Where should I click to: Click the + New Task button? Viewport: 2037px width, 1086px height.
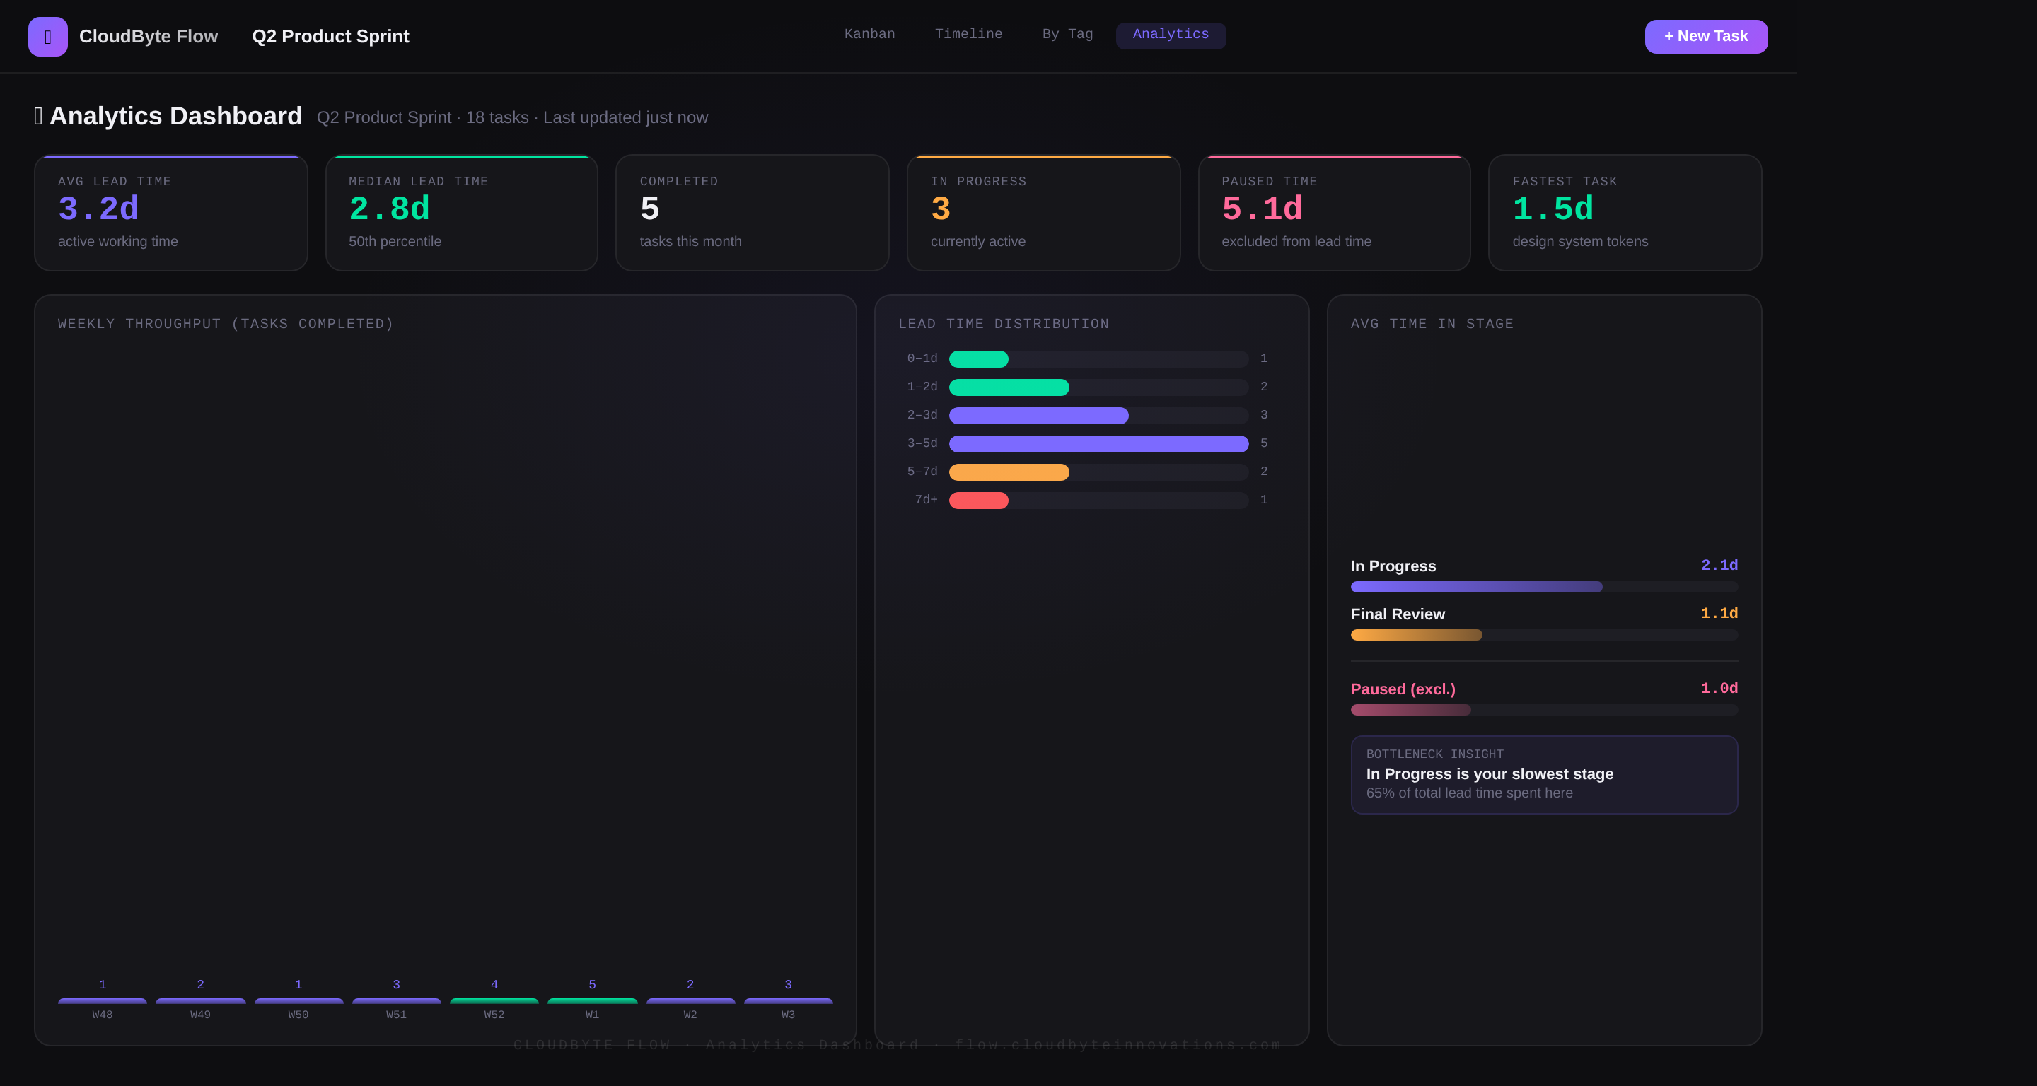(1706, 36)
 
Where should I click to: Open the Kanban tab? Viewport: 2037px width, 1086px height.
(869, 34)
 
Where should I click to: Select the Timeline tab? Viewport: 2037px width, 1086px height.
(968, 34)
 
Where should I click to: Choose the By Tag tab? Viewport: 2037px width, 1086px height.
(1067, 34)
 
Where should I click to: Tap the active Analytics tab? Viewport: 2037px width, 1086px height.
(1170, 34)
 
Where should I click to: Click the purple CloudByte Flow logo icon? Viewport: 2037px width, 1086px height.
(47, 36)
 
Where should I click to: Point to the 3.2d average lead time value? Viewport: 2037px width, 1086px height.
(98, 209)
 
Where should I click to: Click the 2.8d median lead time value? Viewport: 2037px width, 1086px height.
(389, 209)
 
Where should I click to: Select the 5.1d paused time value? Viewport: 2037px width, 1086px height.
(1261, 209)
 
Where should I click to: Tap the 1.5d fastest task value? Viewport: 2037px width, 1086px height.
(1553, 209)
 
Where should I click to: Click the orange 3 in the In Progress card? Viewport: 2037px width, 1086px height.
(940, 209)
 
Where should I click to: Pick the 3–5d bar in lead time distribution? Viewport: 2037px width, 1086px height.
(1098, 443)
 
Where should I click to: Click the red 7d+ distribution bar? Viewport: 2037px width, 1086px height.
(978, 501)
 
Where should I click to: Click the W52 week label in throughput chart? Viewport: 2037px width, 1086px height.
(494, 1014)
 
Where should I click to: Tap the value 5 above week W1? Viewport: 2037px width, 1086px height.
(591, 984)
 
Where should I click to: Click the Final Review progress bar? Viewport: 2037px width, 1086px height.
(1415, 635)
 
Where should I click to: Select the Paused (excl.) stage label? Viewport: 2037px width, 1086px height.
(1402, 689)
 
